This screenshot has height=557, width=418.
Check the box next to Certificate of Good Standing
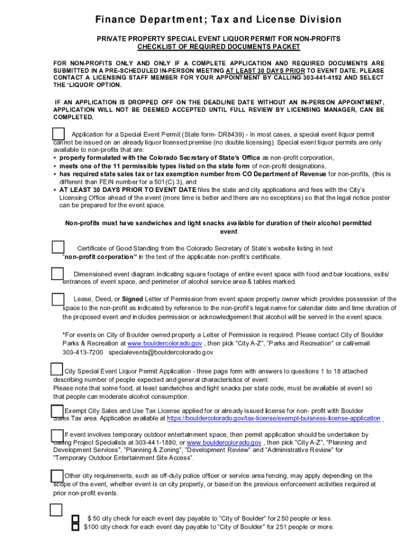click(58, 247)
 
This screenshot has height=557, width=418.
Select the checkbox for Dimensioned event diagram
click(58, 273)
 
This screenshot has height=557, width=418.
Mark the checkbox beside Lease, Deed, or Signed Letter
click(58, 299)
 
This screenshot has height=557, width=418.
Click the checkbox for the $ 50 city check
click(76, 519)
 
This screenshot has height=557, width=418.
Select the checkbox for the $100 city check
click(76, 527)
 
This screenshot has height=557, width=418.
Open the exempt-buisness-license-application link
click(274, 418)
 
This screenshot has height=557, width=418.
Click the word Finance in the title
click(116, 20)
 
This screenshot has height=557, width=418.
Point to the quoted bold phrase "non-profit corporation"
click(100, 257)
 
